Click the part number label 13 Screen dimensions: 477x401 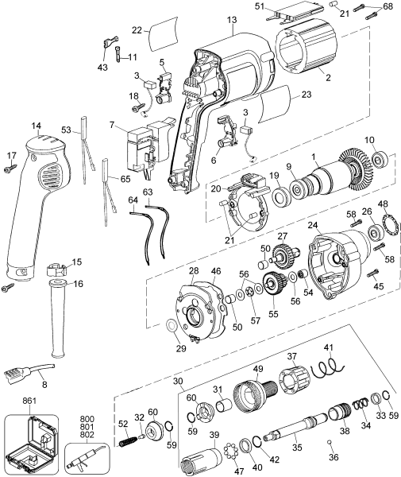[x=231, y=19]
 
